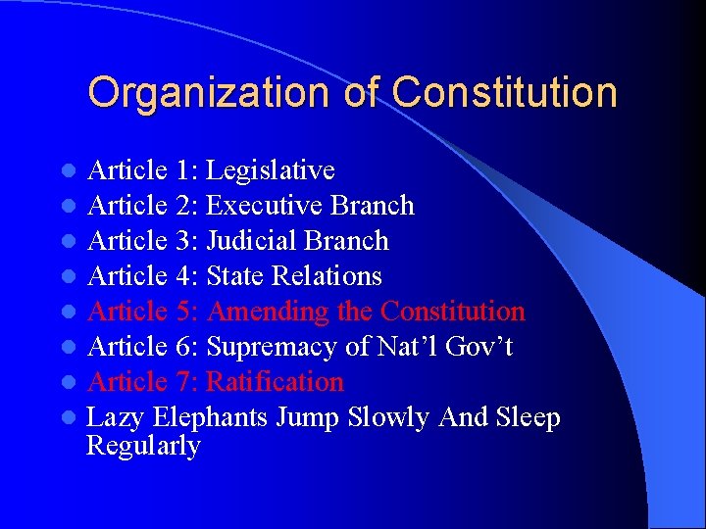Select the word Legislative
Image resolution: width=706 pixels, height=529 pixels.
coord(271,170)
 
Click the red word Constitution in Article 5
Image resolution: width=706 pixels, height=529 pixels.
coord(453,312)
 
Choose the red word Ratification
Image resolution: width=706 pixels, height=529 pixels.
coord(276,382)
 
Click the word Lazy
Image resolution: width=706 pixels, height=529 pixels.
coord(113,418)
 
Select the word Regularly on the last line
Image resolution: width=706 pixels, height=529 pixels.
coord(143,447)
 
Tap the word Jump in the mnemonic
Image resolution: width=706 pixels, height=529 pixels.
coord(302,418)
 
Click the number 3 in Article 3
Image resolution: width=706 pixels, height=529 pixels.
coord(184,241)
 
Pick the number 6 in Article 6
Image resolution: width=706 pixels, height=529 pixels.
coord(184,347)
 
